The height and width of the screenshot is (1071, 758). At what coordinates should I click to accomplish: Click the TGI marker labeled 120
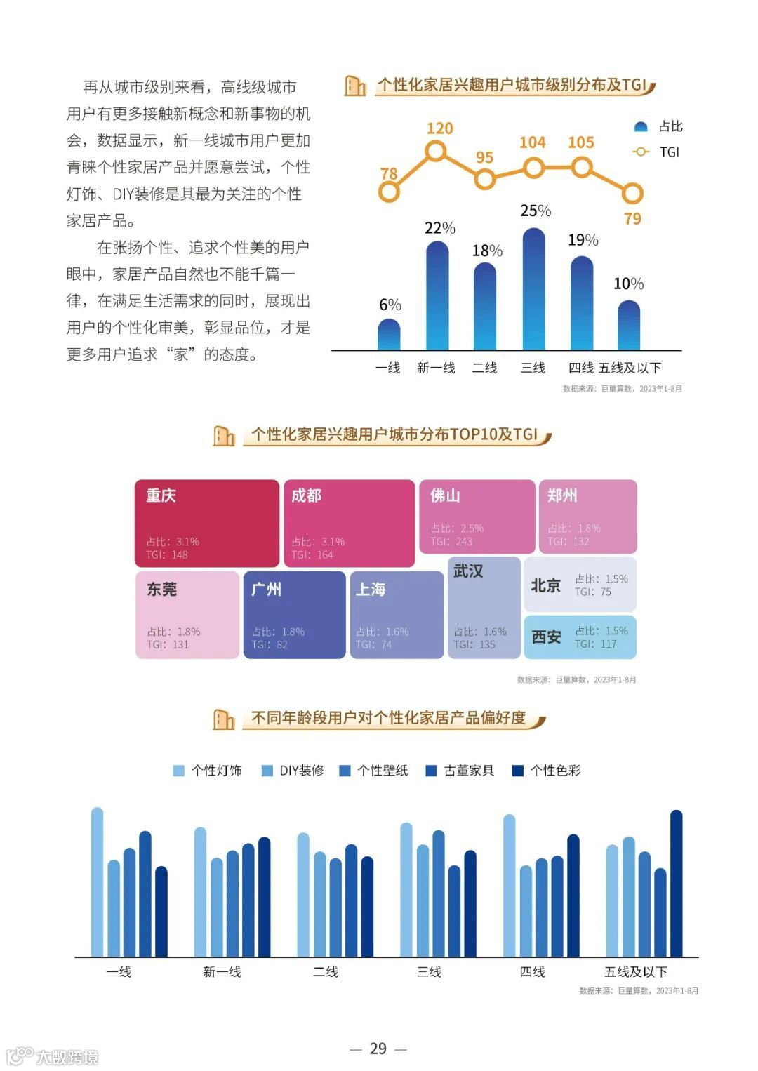(436, 151)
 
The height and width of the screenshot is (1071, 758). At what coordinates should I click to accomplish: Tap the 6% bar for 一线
(389, 335)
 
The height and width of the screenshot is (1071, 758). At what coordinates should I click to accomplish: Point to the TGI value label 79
(632, 219)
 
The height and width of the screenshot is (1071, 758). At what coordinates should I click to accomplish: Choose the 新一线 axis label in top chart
(436, 368)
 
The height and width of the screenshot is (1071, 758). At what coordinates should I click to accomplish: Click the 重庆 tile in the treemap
(207, 523)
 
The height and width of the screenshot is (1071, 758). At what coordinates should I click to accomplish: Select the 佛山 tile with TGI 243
(477, 517)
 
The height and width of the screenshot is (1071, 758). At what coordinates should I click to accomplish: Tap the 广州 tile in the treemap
(294, 615)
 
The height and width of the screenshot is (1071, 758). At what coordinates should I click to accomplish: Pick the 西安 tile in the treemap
(580, 637)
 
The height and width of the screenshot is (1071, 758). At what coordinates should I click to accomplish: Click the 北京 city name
(545, 585)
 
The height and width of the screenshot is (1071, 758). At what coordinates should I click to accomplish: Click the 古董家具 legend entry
(460, 771)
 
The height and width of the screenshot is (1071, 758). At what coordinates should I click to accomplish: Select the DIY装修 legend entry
(293, 771)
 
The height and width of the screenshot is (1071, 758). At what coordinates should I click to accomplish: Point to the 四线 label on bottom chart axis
(532, 972)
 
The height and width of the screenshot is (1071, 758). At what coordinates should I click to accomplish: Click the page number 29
(378, 1049)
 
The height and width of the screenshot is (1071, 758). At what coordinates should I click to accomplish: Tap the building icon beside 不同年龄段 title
(224, 719)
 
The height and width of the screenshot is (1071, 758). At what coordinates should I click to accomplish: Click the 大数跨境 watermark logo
(53, 1056)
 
